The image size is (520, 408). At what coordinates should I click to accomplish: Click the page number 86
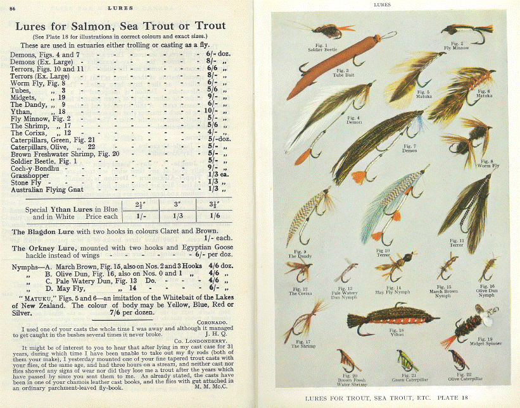click(13, 8)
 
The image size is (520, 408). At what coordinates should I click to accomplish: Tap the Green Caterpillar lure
click(405, 361)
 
